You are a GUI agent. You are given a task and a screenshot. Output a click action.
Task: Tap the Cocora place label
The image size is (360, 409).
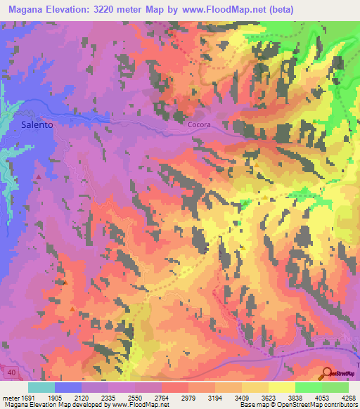[200, 124]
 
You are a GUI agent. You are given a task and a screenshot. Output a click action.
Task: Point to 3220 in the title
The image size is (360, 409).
[121, 9]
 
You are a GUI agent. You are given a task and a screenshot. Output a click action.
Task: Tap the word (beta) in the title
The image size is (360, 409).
[278, 9]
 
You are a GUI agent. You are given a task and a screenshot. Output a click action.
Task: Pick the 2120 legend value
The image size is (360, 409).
[82, 398]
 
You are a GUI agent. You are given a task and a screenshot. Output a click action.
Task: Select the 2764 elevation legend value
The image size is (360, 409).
[162, 398]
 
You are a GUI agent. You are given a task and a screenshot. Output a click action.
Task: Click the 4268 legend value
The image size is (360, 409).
[348, 398]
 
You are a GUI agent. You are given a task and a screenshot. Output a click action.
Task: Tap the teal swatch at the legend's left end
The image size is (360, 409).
[41, 387]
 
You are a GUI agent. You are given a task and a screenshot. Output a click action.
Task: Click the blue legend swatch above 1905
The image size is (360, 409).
[68, 387]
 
